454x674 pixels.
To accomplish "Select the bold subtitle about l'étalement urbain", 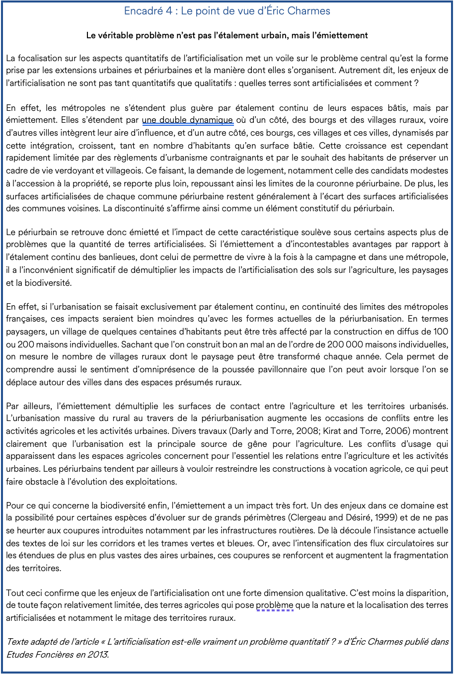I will [x=227, y=35].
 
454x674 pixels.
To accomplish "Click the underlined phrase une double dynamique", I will [x=187, y=120].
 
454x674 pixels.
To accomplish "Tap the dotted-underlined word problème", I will [x=275, y=605].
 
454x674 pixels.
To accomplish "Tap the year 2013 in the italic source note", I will [x=98, y=655].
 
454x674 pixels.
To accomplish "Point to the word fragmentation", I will [x=418, y=556].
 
